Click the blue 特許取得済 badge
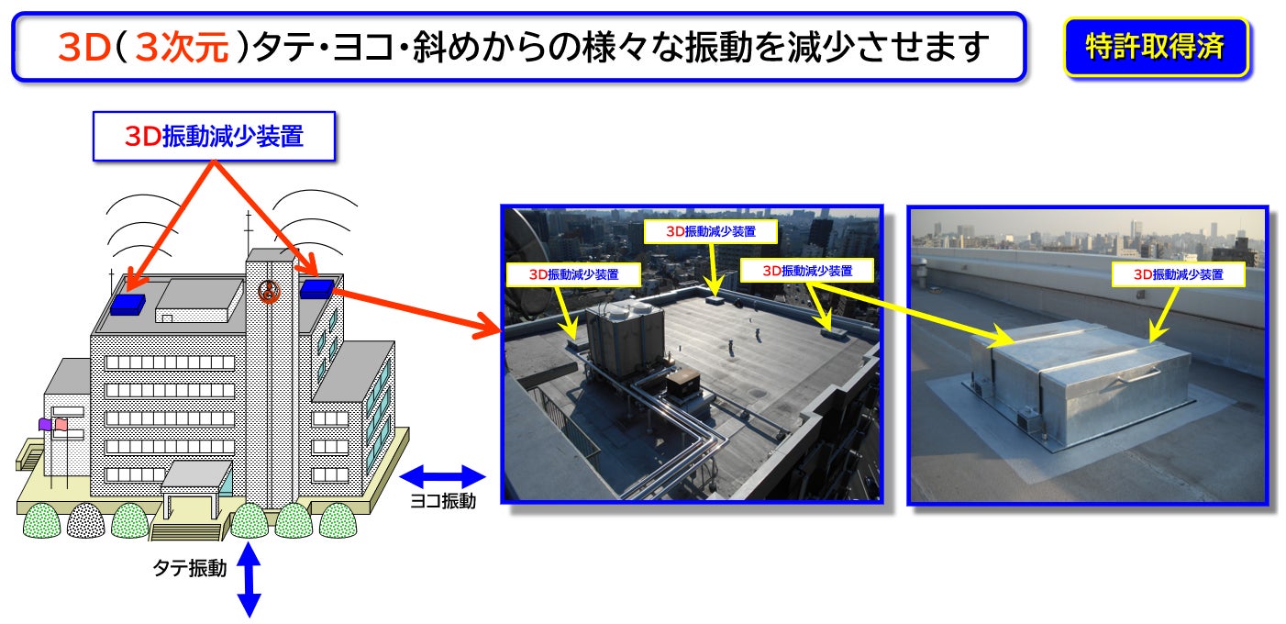[1155, 46]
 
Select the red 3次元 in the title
[181, 46]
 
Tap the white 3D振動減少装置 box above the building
[214, 136]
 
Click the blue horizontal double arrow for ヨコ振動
[443, 476]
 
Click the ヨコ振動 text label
[442, 502]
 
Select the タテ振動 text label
[189, 569]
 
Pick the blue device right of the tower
[316, 288]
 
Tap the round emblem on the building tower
[269, 291]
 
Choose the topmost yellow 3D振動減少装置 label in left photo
[711, 230]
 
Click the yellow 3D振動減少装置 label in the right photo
[1178, 273]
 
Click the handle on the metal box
[1137, 375]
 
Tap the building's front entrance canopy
[194, 474]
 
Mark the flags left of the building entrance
[52, 425]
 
